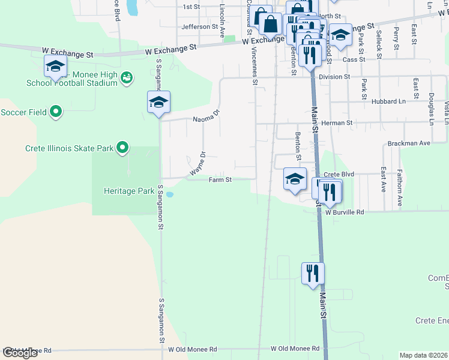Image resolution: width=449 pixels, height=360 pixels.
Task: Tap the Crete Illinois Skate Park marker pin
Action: (x=122, y=147)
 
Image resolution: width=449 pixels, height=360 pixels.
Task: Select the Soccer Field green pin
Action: (x=56, y=112)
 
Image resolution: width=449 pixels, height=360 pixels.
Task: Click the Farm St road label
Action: (x=220, y=179)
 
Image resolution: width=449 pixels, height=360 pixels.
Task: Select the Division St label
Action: (x=334, y=77)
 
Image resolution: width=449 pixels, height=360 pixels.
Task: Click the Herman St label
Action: (x=337, y=122)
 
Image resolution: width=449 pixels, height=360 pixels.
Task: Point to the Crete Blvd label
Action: (x=339, y=174)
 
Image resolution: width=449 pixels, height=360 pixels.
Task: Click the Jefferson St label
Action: (x=199, y=27)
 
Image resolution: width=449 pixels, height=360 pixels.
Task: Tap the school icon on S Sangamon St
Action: (x=159, y=103)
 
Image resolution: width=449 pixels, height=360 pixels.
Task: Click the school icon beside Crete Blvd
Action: (x=295, y=179)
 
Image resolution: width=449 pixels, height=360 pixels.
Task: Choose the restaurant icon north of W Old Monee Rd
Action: (x=313, y=273)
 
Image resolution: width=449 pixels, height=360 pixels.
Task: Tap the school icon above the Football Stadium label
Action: (x=55, y=66)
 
